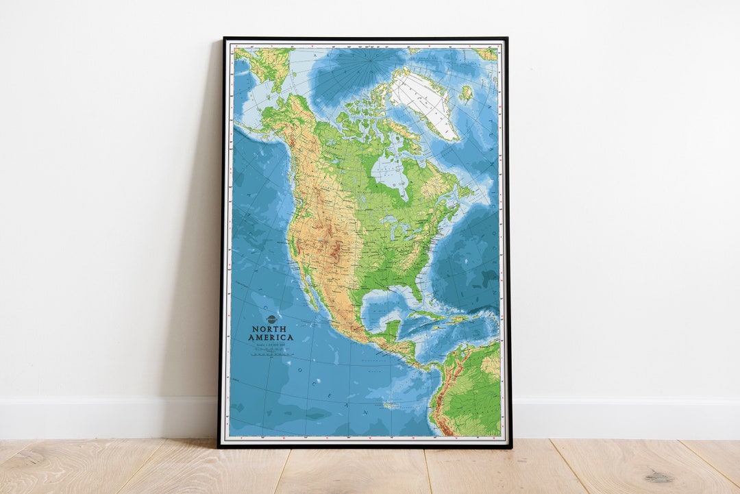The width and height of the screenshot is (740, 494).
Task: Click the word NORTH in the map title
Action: click(x=271, y=329)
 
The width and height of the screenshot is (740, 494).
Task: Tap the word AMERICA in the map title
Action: click(x=271, y=337)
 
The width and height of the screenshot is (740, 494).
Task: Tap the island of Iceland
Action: click(x=466, y=93)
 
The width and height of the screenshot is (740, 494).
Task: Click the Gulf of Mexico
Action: click(x=384, y=305)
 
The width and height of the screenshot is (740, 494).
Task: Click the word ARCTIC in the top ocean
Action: click(x=322, y=55)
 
